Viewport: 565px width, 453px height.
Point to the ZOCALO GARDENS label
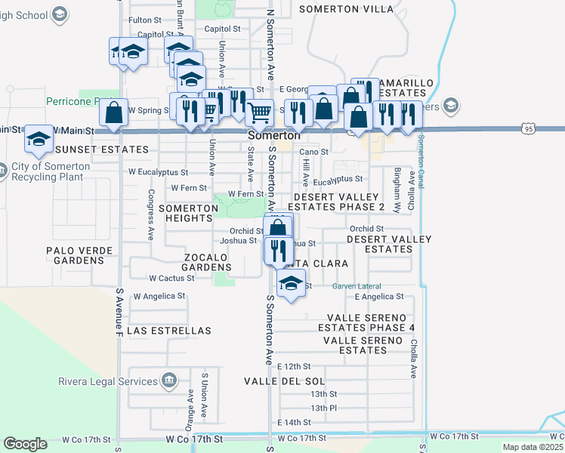pyautogui.click(x=208, y=262)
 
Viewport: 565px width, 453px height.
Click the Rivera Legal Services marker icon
pyautogui.click(x=170, y=380)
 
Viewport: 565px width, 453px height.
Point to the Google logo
pyautogui.click(x=25, y=444)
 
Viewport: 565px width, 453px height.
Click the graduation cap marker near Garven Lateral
pyautogui.click(x=289, y=285)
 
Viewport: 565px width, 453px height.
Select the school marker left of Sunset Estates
pyautogui.click(x=39, y=138)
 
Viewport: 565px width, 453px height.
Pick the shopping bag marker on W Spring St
pyautogui.click(x=113, y=113)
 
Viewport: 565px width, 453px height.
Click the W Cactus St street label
pyautogui.click(x=172, y=278)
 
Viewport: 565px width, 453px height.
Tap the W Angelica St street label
pyautogui.click(x=159, y=296)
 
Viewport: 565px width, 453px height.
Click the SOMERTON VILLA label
pyautogui.click(x=346, y=9)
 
